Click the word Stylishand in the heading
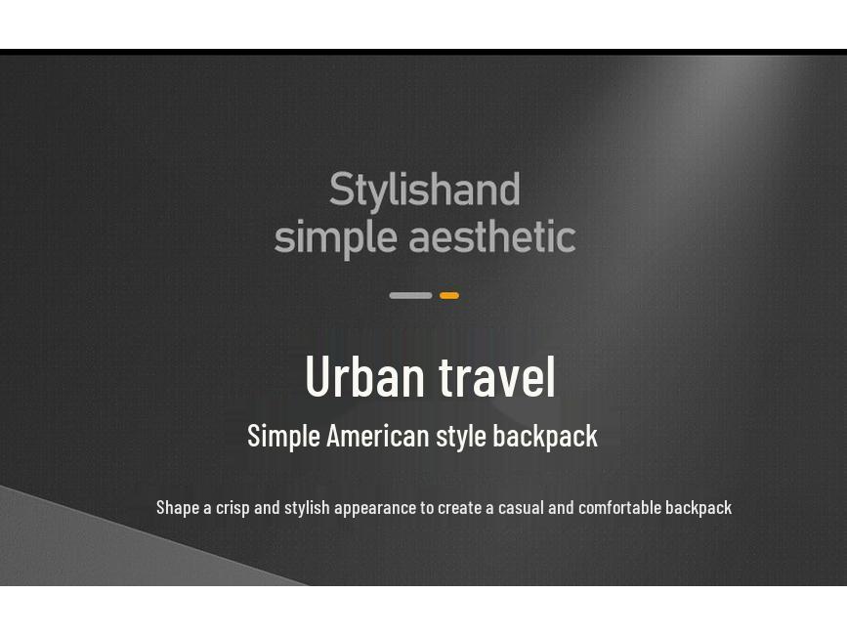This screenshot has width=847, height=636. click(424, 191)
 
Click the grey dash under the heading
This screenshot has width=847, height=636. click(410, 295)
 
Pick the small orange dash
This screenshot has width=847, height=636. click(449, 295)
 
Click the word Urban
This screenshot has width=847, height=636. click(365, 376)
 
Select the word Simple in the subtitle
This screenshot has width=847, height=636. click(283, 436)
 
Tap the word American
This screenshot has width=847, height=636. click(377, 435)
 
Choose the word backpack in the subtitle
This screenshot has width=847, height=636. click(545, 436)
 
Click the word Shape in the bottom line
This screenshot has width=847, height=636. click(177, 507)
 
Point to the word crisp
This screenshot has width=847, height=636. click(233, 508)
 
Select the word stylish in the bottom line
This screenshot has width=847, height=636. click(307, 508)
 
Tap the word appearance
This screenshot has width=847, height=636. click(375, 508)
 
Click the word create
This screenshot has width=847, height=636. click(459, 507)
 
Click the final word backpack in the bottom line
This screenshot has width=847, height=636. click(699, 507)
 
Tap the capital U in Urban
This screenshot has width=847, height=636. click(318, 376)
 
